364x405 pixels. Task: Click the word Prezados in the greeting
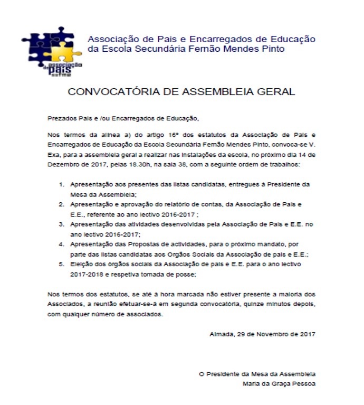(x=61, y=118)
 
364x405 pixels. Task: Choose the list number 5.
(x=61, y=264)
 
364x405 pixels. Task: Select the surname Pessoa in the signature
(x=303, y=383)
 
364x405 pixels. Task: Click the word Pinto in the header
(x=271, y=49)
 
